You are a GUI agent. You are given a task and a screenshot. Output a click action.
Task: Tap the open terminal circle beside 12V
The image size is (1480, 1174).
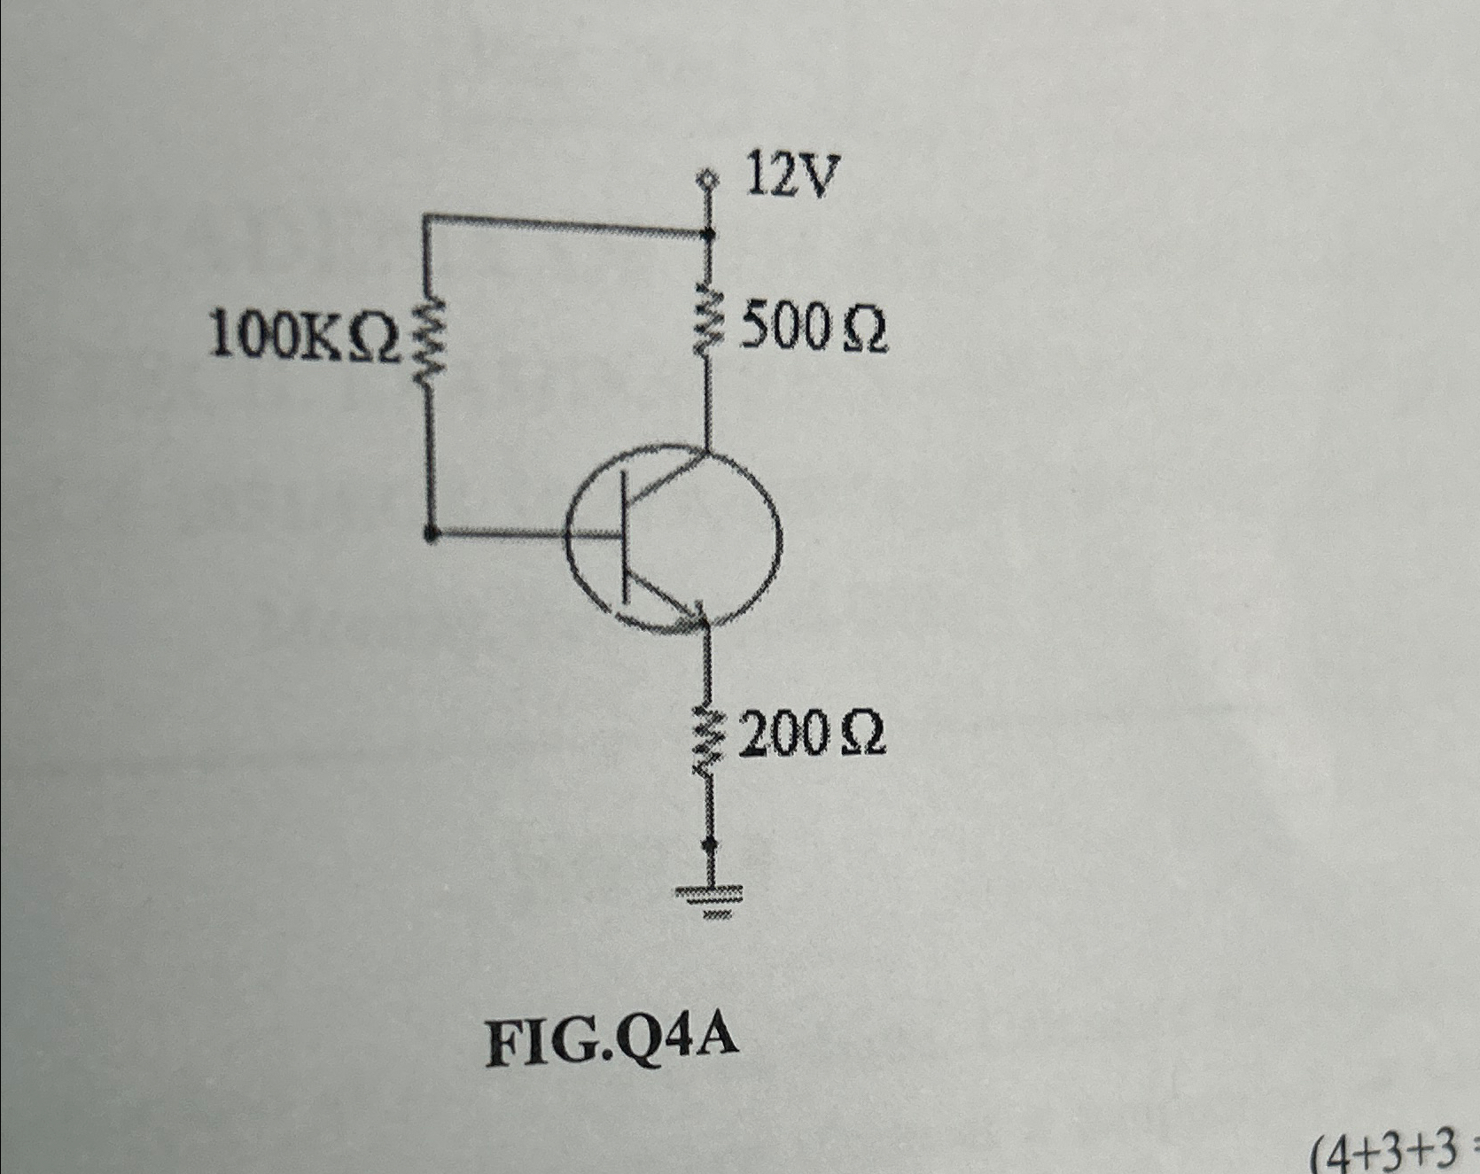click(x=707, y=181)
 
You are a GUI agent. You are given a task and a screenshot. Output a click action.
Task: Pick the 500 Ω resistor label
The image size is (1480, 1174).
click(x=814, y=330)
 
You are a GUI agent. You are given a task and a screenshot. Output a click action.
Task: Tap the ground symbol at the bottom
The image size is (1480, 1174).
click(x=709, y=899)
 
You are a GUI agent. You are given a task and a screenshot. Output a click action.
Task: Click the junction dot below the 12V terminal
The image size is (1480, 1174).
click(x=708, y=234)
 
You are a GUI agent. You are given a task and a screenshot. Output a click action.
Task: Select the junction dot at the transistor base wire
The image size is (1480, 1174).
click(x=431, y=533)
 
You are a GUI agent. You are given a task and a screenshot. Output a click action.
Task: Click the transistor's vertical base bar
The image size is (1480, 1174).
click(x=622, y=535)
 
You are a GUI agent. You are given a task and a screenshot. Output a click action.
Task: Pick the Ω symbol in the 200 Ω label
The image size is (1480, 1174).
click(x=861, y=735)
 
